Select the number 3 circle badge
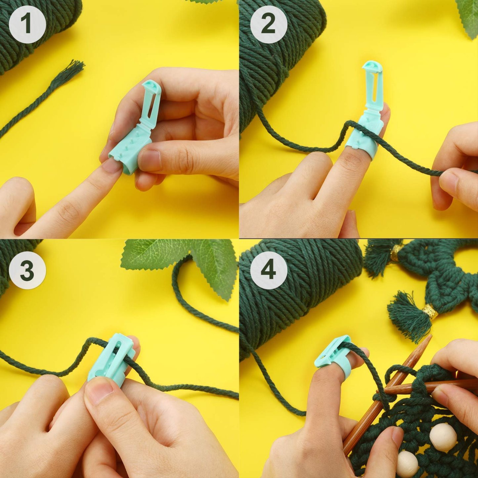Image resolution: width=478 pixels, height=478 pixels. pos(27,271)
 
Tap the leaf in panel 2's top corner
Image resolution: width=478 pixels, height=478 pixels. pos(468,17)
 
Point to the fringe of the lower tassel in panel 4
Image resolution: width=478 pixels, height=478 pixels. pos(405,318)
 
